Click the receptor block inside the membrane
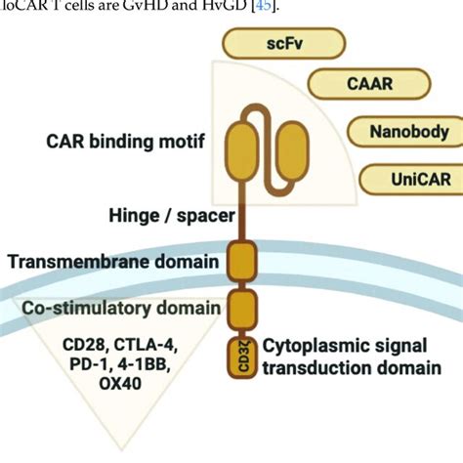pyautogui.click(x=241, y=261)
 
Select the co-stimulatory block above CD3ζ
pyautogui.click(x=241, y=309)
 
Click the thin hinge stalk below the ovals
pyautogui.click(x=241, y=210)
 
